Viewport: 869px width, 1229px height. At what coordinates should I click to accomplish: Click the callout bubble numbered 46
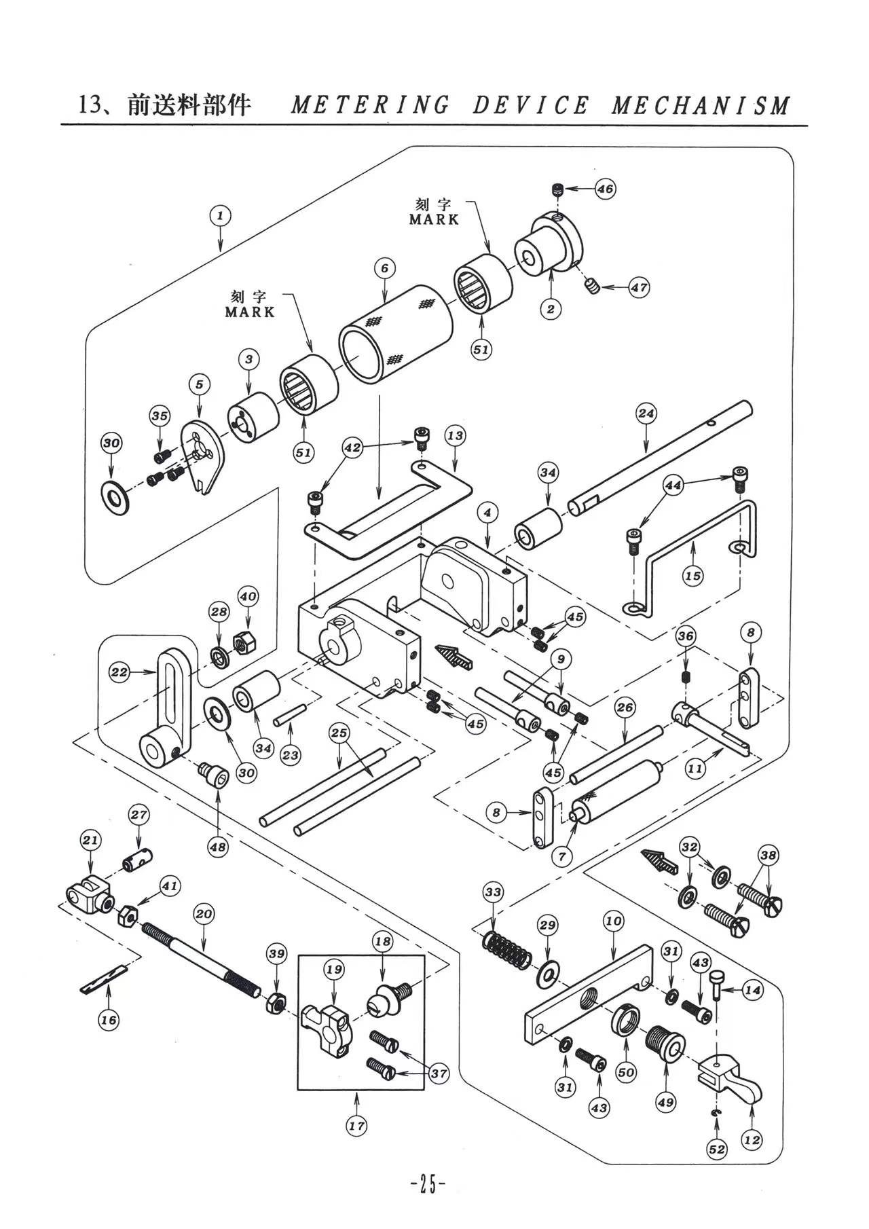point(605,189)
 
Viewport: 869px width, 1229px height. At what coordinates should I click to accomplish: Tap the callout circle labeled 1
point(220,216)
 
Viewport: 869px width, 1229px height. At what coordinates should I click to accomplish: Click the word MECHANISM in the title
point(701,105)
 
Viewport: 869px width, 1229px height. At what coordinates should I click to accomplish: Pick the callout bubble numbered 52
point(717,1149)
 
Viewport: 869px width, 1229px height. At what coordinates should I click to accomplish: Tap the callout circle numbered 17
point(356,1126)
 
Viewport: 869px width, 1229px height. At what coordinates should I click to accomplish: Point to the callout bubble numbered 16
point(109,1020)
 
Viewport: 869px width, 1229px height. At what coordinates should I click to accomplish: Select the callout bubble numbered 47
point(639,287)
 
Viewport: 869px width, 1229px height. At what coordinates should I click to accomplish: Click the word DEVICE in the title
point(531,105)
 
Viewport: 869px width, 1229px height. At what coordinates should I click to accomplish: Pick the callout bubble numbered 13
point(455,435)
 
